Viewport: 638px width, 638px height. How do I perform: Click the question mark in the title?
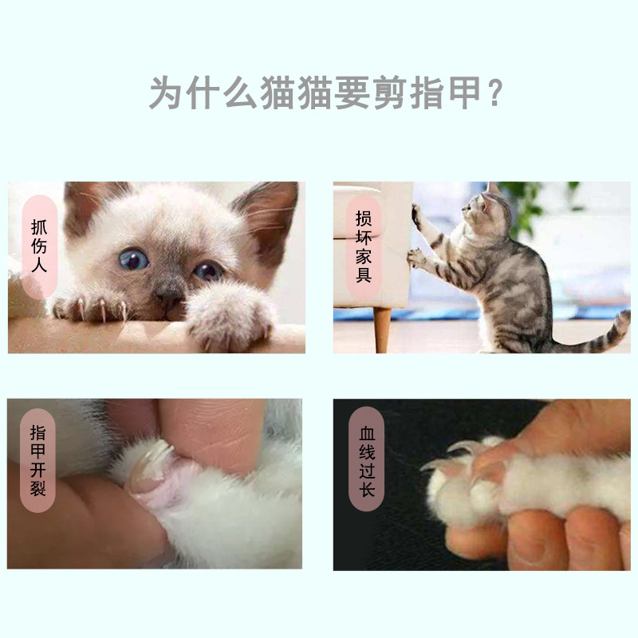click(x=495, y=93)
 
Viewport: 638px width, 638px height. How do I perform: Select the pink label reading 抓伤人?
click(x=39, y=247)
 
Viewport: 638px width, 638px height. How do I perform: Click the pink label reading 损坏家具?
click(x=364, y=248)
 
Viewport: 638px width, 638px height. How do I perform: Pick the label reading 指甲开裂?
click(x=37, y=461)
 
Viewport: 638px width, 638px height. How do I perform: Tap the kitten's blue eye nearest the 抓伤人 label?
click(x=132, y=259)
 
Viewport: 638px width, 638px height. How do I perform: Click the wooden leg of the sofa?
click(x=382, y=329)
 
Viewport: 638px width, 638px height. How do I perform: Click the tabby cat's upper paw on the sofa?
click(x=415, y=215)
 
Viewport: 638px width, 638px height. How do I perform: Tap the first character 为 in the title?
click(x=166, y=93)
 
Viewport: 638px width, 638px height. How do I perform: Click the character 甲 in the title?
click(x=465, y=93)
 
